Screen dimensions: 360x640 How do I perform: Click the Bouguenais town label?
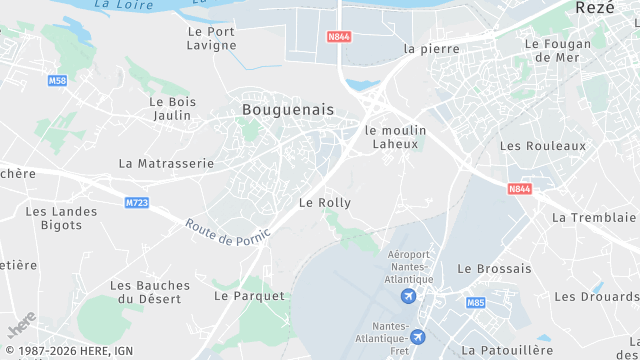tap(288, 108)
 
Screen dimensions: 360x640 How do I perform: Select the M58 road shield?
tap(56, 80)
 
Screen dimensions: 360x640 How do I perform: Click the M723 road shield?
tap(137, 203)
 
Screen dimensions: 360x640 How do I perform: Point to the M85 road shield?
tap(475, 302)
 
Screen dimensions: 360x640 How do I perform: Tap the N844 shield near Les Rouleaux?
tap(519, 188)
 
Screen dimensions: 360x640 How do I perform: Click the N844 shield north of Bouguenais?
tap(339, 38)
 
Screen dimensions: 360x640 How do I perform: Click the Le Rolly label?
tap(325, 202)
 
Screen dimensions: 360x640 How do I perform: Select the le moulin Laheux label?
tap(396, 137)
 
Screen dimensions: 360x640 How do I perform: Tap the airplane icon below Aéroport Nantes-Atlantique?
tap(408, 297)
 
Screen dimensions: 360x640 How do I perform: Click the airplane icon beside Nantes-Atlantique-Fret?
tap(417, 337)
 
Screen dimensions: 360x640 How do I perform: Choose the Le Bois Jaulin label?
tap(172, 108)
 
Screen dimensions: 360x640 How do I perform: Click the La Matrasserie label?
tap(166, 163)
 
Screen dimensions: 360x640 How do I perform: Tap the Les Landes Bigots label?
tap(62, 218)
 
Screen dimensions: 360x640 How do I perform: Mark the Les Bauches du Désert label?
tap(149, 292)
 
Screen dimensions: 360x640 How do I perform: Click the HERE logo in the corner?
tap(21, 324)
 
